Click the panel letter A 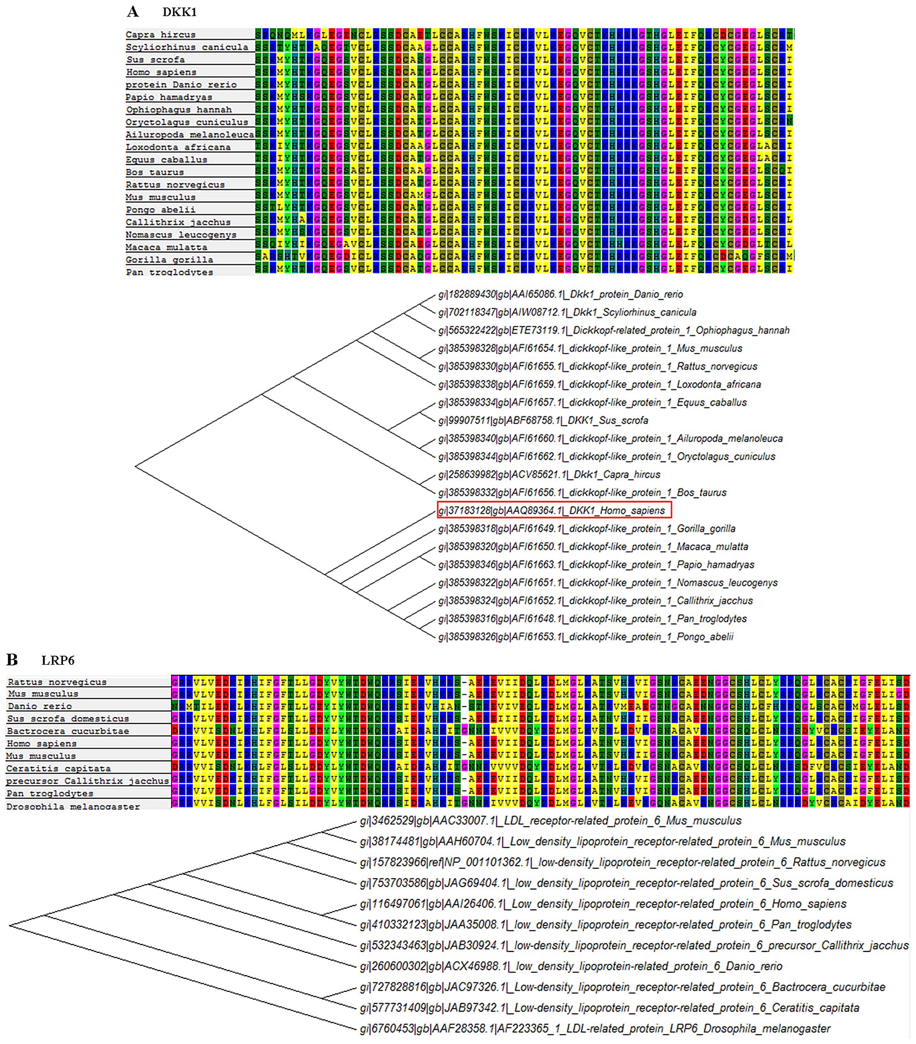click(133, 11)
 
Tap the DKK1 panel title click(179, 12)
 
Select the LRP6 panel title click(58, 661)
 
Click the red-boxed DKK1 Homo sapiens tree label click(554, 510)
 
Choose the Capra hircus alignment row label click(161, 35)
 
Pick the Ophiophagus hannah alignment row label click(178, 110)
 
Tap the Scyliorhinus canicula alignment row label click(187, 47)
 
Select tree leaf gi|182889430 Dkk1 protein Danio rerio click(560, 294)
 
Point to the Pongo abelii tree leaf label click(586, 637)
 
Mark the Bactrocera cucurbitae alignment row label click(68, 731)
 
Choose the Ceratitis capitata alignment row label click(58, 768)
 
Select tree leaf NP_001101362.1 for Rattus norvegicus click(623, 862)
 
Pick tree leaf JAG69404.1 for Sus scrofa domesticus click(627, 883)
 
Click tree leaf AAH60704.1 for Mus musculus click(603, 841)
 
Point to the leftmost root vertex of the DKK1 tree click(135, 465)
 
